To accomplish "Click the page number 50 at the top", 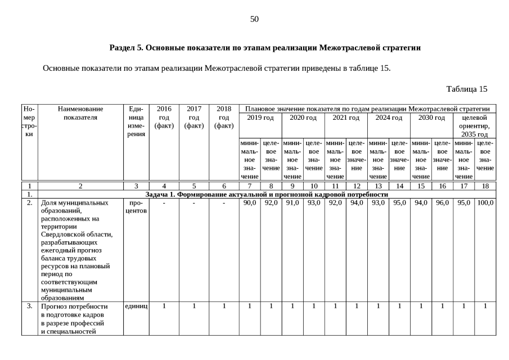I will (254, 19).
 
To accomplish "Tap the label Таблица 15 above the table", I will (466, 89).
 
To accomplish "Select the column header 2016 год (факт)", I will (164, 117).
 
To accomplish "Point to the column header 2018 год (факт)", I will (223, 117).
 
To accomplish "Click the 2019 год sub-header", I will (260, 118).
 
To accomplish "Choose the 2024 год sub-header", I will (389, 118).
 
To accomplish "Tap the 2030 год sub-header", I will (431, 118).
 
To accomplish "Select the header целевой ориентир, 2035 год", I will (474, 126).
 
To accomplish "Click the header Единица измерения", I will (136, 121).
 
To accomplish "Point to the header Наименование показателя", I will (80, 113).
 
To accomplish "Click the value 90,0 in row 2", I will (250, 202).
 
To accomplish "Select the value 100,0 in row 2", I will (485, 202).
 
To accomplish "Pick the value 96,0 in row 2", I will (442, 202).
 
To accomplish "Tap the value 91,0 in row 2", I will (292, 202).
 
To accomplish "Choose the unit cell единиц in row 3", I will (136, 306).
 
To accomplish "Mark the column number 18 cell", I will (485, 185).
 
